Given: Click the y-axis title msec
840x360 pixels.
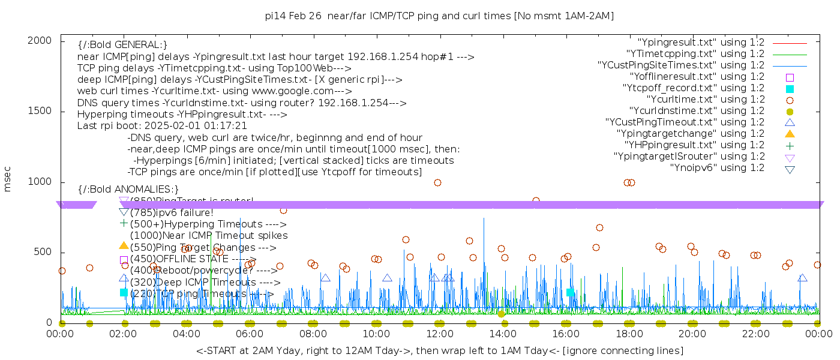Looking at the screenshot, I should pyautogui.click(x=8, y=181).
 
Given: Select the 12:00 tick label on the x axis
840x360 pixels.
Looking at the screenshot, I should pyautogui.click(x=439, y=334).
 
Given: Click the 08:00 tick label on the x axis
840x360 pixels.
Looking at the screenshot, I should pyautogui.click(x=313, y=334).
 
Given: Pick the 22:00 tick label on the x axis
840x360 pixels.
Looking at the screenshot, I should pyautogui.click(x=755, y=334).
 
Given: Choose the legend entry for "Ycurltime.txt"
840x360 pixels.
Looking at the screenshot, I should pyautogui.click(x=706, y=100).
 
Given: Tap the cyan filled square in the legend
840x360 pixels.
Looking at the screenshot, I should pyautogui.click(x=790, y=89).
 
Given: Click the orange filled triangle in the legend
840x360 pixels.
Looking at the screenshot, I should pyautogui.click(x=790, y=134).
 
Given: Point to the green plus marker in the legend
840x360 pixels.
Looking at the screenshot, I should pyautogui.click(x=790, y=145).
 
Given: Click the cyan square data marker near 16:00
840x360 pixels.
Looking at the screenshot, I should pyautogui.click(x=570, y=292).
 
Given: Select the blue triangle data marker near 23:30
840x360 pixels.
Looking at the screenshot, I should pyautogui.click(x=802, y=278).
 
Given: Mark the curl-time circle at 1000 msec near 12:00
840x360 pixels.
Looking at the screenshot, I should pyautogui.click(x=437, y=183).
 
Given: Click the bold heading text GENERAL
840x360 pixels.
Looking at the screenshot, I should pyautogui.click(x=122, y=45).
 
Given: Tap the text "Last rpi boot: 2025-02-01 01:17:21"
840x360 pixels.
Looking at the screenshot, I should pyautogui.click(x=162, y=126).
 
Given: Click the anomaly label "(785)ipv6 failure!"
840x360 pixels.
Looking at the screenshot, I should pyautogui.click(x=172, y=212).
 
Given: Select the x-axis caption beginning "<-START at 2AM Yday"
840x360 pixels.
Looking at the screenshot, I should pyautogui.click(x=439, y=350).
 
